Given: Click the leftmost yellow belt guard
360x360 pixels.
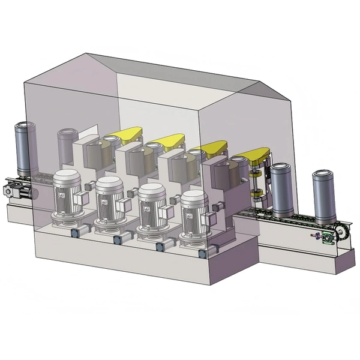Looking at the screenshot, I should pos(123,136).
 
